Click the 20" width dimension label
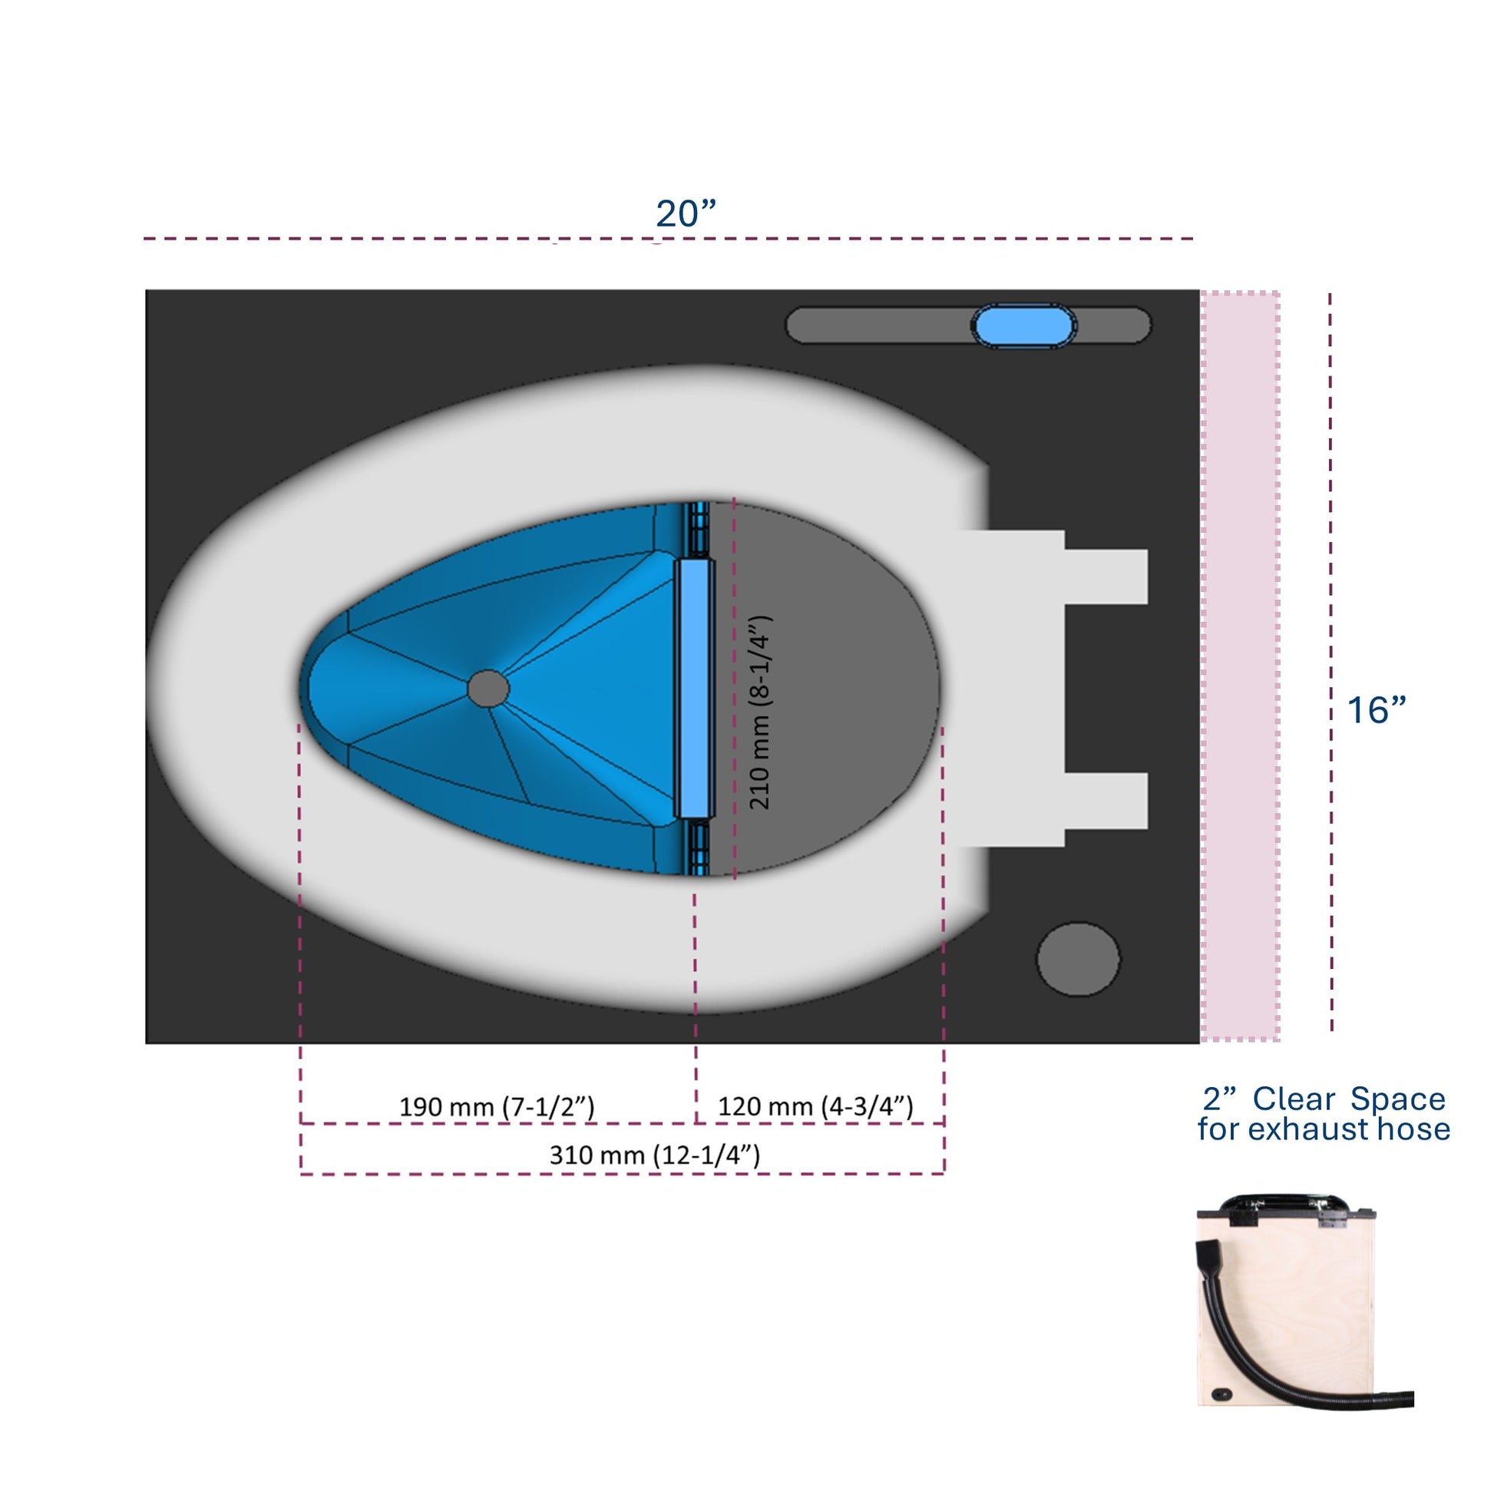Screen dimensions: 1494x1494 pyautogui.click(x=686, y=213)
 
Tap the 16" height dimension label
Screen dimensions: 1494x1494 pyautogui.click(x=1377, y=710)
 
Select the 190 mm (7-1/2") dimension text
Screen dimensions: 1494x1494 pyautogui.click(x=497, y=1106)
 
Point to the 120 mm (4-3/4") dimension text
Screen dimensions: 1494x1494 pyautogui.click(x=815, y=1106)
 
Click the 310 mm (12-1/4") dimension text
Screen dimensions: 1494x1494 pyautogui.click(x=654, y=1155)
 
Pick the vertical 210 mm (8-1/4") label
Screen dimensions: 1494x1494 pyautogui.click(x=760, y=712)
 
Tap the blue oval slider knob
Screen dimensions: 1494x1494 pyautogui.click(x=1023, y=326)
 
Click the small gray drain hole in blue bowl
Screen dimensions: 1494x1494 pyautogui.click(x=488, y=688)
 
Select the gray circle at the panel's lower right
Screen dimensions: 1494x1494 pyautogui.click(x=1078, y=959)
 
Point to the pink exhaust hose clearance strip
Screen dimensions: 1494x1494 pyautogui.click(x=1240, y=665)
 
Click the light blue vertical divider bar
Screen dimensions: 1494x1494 pyautogui.click(x=695, y=688)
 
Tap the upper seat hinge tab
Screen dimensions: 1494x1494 pyautogui.click(x=1106, y=577)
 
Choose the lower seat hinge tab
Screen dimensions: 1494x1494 pyautogui.click(x=1106, y=800)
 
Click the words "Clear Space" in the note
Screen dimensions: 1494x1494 pyautogui.click(x=1349, y=1099)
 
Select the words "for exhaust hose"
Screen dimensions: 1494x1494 pyautogui.click(x=1323, y=1130)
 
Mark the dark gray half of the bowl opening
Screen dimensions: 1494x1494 pyautogui.click(x=828, y=688)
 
